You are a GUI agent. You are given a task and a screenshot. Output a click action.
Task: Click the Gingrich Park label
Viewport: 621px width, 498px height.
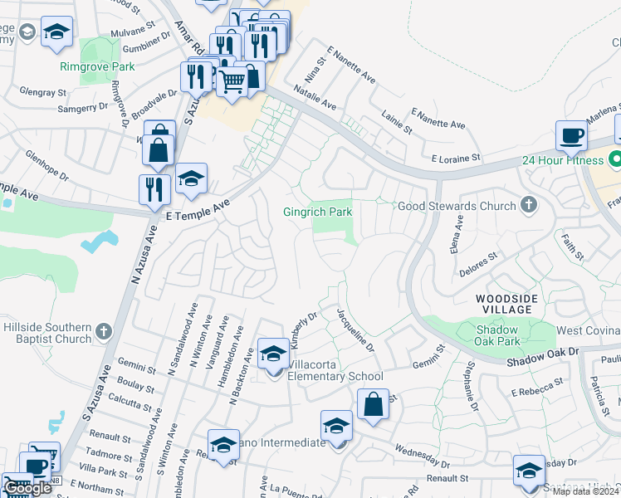[318, 212]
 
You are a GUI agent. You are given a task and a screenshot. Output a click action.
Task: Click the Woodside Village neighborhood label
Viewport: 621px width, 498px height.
[506, 304]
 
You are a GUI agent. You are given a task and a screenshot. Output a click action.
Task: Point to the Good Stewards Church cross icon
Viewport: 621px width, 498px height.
[528, 204]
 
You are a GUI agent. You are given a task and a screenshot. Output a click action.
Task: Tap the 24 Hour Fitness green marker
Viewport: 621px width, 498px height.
[615, 158]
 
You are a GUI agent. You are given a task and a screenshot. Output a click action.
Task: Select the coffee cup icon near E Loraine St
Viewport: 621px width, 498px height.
[572, 134]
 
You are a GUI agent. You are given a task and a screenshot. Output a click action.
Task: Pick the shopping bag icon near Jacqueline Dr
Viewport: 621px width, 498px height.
[374, 404]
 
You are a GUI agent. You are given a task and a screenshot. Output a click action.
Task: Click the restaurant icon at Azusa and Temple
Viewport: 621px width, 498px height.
[155, 188]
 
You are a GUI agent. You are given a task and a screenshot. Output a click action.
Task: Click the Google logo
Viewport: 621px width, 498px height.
[28, 488]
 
